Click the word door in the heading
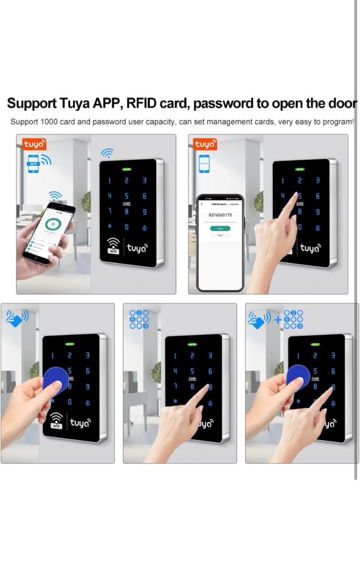pyautogui.click(x=344, y=104)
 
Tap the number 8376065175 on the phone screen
pyautogui.click(x=220, y=215)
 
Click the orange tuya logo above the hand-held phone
pyautogui.click(x=34, y=145)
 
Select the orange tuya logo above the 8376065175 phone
pyautogui.click(x=205, y=145)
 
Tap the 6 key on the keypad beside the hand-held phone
pyautogui.click(x=144, y=196)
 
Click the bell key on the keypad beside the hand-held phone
pyautogui.click(x=144, y=227)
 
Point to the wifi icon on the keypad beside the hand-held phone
pyautogui.click(x=114, y=246)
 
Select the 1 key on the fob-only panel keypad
pyautogui.click(x=53, y=355)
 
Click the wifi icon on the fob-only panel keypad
pyautogui.click(x=57, y=420)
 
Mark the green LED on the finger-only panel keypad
pyautogui.click(x=192, y=344)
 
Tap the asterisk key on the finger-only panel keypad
pyautogui.click(x=175, y=402)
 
